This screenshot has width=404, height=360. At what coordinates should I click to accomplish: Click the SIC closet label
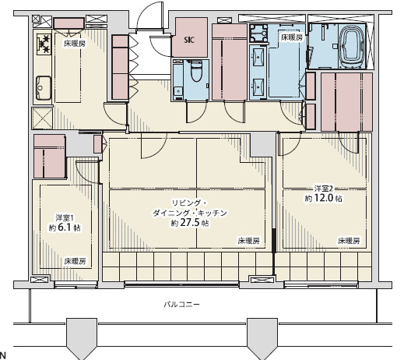pos(189,40)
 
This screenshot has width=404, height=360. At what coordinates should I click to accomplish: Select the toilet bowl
pos(196,71)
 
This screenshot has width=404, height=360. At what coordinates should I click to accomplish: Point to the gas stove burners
pos(44,44)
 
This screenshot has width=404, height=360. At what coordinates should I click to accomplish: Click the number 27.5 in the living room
pos(190,223)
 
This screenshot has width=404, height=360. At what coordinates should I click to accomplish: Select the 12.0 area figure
pos(324,198)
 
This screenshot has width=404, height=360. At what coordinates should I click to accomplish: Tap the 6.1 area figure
pos(64,228)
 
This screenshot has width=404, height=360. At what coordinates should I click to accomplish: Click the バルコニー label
pos(181,304)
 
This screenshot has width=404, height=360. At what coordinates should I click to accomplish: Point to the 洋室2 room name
pos(324,189)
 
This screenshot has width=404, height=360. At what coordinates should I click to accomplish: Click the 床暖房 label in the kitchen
pos(75,44)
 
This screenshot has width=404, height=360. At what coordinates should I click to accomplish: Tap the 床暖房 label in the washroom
pos(292,37)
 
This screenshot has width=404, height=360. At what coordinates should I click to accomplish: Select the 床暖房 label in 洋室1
pos(75,261)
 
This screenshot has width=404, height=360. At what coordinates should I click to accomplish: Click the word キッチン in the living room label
pos(213,214)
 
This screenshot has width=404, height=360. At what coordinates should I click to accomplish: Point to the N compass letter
pos(2,355)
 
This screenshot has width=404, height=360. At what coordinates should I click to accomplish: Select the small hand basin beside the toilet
pos(178,91)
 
